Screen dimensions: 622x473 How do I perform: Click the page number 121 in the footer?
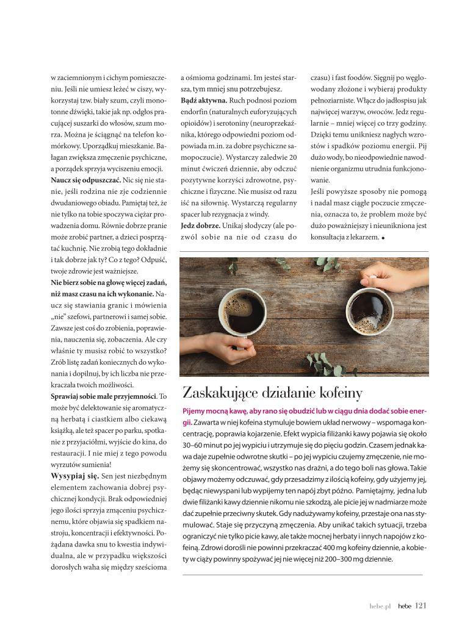tap(421, 606)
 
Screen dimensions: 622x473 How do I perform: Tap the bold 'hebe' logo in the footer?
tap(404, 606)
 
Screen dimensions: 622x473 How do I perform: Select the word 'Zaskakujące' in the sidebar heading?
tap(221, 392)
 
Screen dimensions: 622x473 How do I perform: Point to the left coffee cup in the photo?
tap(242, 313)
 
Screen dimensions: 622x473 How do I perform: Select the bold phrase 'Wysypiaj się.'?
tap(74, 475)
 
